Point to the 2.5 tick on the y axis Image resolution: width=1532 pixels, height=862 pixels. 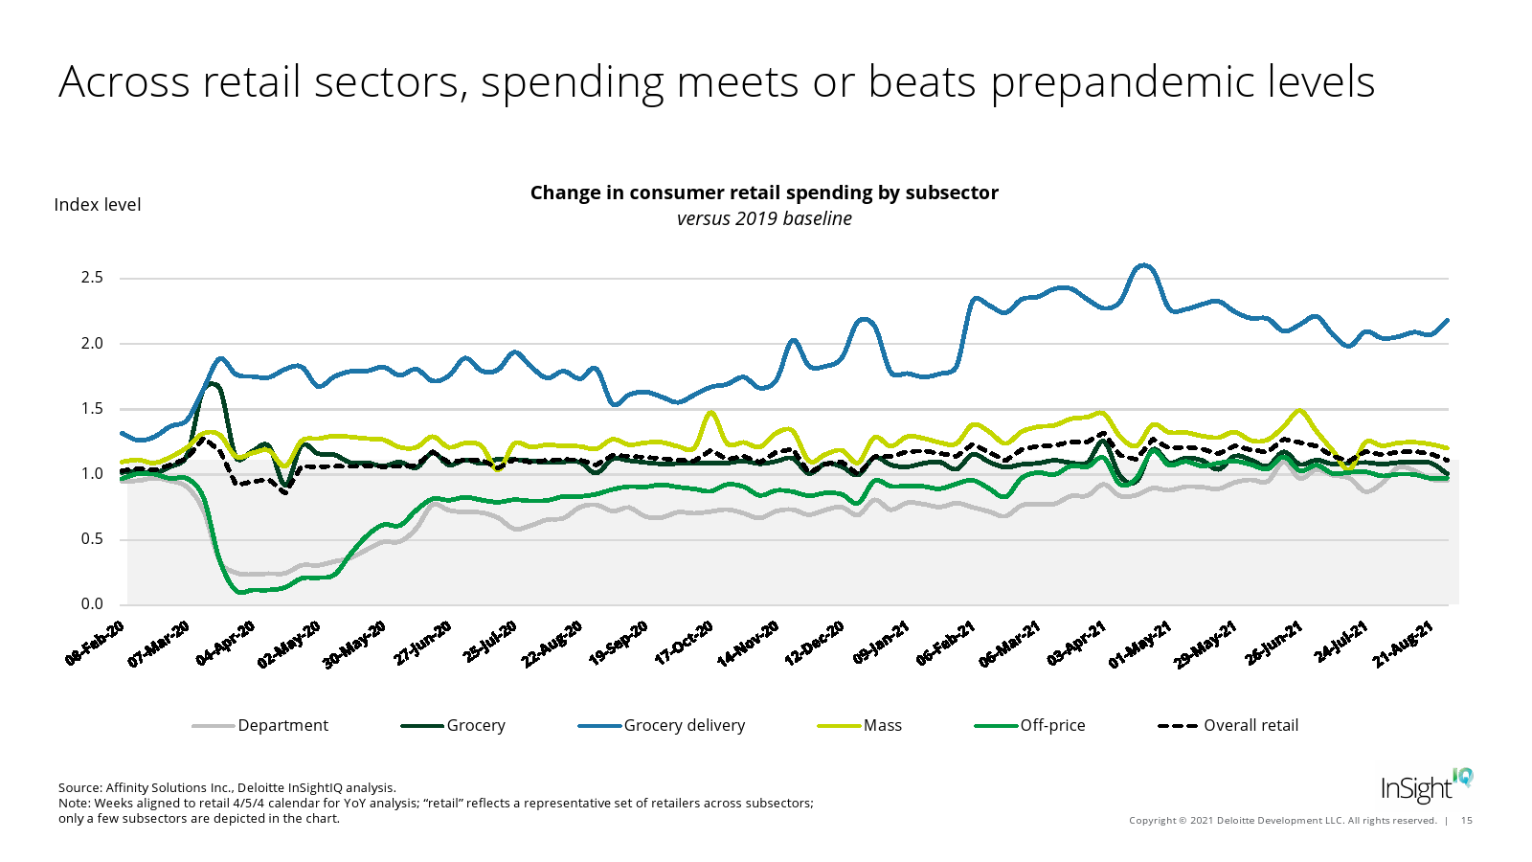point(92,278)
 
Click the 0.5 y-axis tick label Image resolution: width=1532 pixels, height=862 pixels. point(92,539)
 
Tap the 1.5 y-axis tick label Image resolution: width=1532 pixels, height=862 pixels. point(92,409)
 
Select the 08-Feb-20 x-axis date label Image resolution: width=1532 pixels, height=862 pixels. point(96,643)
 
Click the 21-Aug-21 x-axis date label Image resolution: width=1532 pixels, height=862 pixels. point(1403,643)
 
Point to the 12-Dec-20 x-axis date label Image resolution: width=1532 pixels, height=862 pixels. point(815,643)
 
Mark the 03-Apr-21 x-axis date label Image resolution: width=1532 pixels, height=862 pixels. point(1076,643)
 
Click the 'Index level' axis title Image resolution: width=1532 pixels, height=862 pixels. point(97,205)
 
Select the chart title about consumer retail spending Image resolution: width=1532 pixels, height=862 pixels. point(764,193)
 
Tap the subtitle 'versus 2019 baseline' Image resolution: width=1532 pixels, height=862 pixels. point(764,218)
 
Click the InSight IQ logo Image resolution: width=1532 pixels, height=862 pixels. point(1426,785)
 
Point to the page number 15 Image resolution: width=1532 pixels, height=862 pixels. point(1467,820)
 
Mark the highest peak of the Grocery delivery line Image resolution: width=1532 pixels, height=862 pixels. point(1143,265)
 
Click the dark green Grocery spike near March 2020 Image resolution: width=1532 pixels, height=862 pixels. point(212,384)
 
